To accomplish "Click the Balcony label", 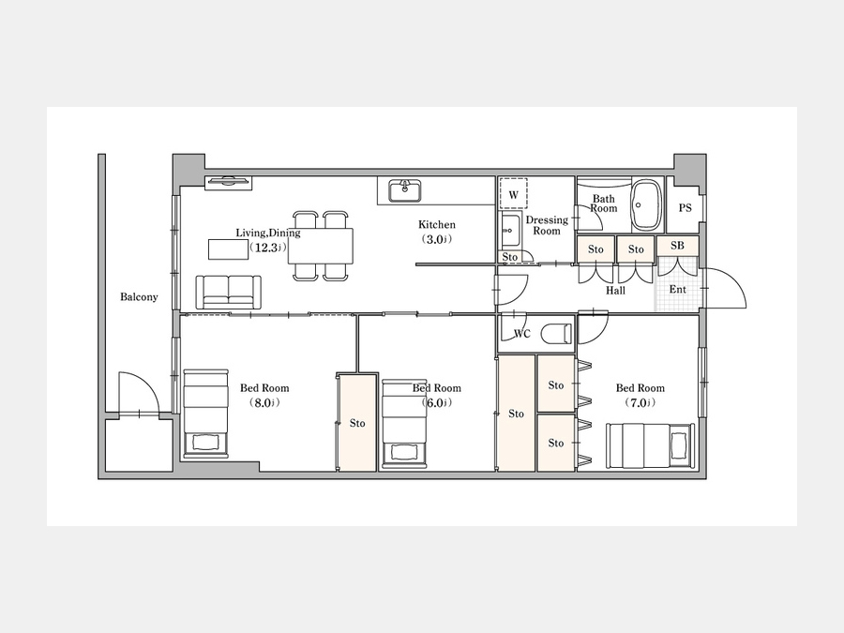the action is pos(139,296).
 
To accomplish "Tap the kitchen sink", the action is pos(405,191).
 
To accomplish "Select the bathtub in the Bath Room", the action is pos(645,205).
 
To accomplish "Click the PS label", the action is pos(685,208).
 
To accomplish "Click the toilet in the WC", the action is pos(556,333).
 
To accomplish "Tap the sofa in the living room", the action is pos(229,293).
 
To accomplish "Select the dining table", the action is pos(321,246).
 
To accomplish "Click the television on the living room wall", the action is pos(228,183).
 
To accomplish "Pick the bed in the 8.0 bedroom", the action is pos(205,414).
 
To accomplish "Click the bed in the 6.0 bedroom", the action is pos(404,424).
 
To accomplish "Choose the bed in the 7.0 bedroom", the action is pos(650,445).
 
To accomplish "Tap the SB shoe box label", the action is pos(677,246).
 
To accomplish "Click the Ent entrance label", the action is pos(677,289).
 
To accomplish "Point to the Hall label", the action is pos(615,291).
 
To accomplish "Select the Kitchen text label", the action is pos(436,224).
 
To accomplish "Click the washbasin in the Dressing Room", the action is pos(509,231).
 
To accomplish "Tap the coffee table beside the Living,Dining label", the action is pos(229,249).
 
